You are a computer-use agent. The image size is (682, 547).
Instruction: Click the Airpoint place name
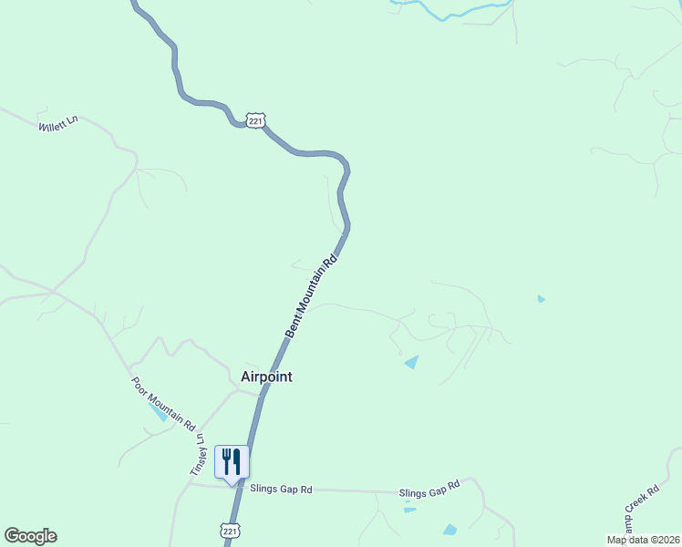pos(266,377)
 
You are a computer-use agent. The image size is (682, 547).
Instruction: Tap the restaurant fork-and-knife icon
pos(232,461)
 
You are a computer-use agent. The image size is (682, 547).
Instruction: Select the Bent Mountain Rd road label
pos(311,296)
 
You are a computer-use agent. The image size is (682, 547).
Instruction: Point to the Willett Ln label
pos(58,123)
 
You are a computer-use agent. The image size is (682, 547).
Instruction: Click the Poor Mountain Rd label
pos(163,404)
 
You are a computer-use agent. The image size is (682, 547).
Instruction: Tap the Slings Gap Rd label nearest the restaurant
pos(281,490)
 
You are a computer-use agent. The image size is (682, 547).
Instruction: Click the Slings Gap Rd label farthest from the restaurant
pos(429,492)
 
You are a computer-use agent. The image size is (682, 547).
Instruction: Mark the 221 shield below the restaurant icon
pos(230,530)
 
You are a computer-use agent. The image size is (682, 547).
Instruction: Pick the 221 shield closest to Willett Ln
pos(255,119)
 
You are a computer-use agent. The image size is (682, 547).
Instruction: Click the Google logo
pos(30,536)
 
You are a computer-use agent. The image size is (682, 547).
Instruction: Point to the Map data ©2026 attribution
pos(644,540)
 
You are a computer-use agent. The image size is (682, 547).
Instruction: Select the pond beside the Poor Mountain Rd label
pos(157,411)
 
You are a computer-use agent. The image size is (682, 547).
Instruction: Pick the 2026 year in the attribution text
pos(666,540)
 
